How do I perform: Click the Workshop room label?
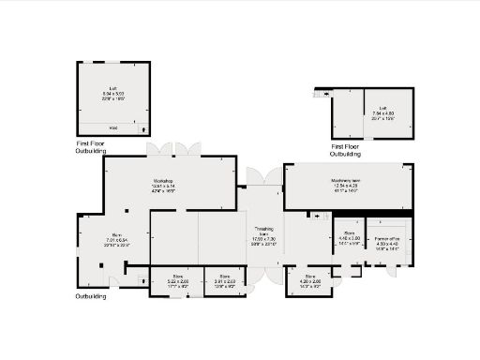click(164, 180)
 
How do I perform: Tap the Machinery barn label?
click(347, 180)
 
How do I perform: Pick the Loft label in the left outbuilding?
click(112, 90)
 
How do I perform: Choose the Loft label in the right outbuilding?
click(382, 109)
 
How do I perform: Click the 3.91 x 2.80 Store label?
click(223, 277)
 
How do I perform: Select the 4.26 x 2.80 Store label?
click(309, 277)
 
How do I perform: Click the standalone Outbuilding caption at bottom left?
click(91, 296)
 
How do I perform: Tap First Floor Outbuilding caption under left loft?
click(91, 146)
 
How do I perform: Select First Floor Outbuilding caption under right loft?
click(346, 149)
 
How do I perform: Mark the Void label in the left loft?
click(113, 127)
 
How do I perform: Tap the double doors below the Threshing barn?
click(263, 275)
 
